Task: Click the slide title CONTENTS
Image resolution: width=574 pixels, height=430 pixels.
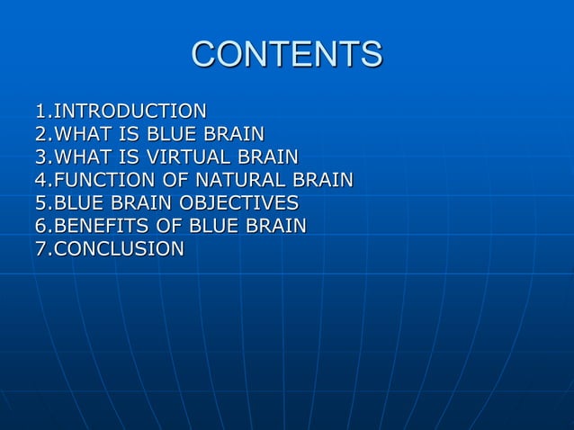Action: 286,54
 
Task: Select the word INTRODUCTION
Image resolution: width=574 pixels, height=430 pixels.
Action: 130,112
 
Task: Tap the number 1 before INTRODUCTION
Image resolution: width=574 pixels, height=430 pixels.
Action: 40,112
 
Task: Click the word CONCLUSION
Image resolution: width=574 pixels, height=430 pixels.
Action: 118,247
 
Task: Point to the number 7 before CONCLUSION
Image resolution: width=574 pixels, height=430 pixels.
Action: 40,247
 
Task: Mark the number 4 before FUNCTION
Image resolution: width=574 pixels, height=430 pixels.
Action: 40,180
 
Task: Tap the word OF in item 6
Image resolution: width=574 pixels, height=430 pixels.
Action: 167,225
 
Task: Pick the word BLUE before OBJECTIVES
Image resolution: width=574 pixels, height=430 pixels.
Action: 78,202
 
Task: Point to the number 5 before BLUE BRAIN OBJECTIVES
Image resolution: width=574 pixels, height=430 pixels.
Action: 40,202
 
